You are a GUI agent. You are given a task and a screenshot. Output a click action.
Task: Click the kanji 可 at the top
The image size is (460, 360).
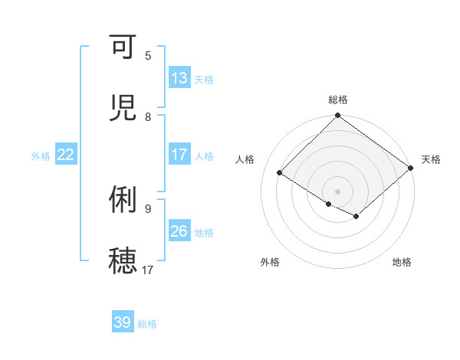123,47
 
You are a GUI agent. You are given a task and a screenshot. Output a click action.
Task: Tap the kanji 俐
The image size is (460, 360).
123,200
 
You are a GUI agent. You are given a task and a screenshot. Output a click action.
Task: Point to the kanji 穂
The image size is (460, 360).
123,260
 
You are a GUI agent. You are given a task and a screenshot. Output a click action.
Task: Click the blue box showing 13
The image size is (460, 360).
179,78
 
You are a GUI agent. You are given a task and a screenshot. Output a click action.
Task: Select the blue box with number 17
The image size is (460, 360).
179,155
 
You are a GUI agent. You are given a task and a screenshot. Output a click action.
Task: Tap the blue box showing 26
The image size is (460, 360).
179,231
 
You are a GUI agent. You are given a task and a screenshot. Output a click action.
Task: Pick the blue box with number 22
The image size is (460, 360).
66,155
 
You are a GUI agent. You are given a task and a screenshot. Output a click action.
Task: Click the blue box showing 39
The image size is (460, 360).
123,322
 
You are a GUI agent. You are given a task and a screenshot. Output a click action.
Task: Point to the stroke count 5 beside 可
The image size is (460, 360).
148,55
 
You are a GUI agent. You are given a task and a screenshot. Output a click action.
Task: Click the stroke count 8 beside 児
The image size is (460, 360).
148,116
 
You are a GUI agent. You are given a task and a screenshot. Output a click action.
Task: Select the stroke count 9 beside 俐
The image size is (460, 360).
148,208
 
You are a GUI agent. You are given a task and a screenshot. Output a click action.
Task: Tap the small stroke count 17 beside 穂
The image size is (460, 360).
148,270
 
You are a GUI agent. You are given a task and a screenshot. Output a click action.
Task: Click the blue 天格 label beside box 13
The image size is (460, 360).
204,79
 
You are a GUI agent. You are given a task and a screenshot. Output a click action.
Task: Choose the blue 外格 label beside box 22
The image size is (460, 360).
41,155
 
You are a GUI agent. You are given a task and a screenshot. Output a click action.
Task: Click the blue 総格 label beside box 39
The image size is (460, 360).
147,324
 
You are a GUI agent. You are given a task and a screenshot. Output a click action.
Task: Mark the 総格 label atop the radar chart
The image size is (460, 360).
338,100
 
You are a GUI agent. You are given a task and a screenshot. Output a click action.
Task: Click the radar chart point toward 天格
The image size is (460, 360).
411,169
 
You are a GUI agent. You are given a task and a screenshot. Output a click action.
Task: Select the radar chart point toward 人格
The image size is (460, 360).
280,173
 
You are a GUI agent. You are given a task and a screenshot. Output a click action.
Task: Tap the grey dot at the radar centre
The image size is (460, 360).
337,191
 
